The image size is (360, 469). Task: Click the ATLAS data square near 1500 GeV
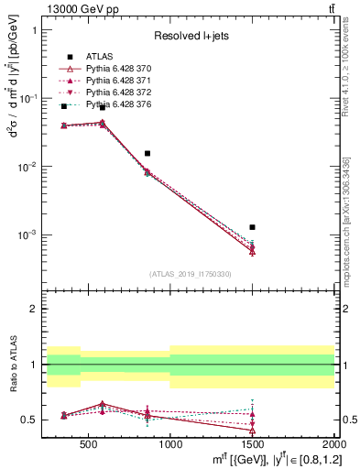tap(252, 227)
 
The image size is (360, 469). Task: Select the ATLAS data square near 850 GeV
tap(147, 154)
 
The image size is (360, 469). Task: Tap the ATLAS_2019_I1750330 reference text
tap(190, 274)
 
